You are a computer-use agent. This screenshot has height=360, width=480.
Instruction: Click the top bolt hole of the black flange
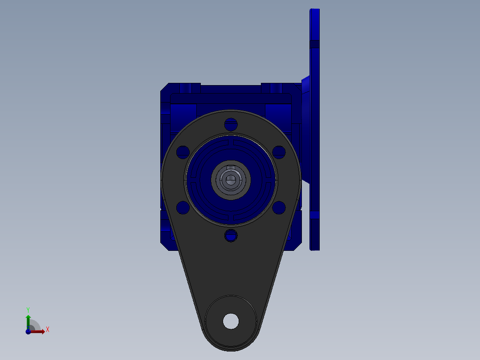click(231, 124)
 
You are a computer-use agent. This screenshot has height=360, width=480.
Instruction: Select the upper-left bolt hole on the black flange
click(183, 152)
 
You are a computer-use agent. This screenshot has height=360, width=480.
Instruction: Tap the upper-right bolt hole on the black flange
click(279, 152)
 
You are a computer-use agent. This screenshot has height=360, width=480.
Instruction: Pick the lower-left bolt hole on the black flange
click(183, 208)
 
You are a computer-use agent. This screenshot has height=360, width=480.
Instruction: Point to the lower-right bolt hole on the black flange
click(279, 208)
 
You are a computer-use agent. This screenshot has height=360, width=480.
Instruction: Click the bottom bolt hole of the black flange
click(231, 236)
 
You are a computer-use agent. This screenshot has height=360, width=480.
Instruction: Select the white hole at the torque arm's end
click(231, 321)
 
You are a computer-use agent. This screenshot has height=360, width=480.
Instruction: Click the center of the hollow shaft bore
click(231, 180)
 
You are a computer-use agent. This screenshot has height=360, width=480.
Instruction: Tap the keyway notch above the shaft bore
click(231, 167)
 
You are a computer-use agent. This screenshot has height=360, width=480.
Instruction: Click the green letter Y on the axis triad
click(28, 310)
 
